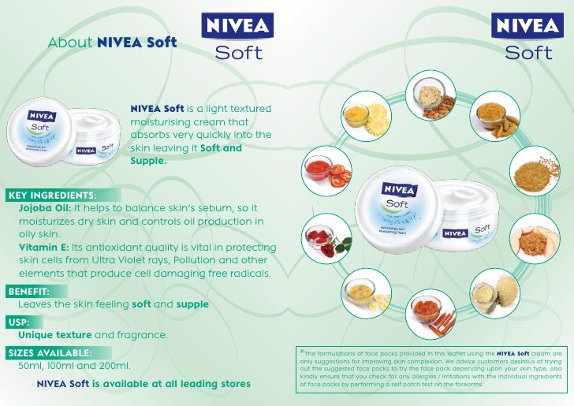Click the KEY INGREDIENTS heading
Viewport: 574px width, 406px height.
coord(52,195)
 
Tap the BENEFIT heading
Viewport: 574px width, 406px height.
coord(28,291)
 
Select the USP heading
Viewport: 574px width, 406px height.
coord(18,322)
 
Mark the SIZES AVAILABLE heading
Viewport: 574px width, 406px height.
coord(50,352)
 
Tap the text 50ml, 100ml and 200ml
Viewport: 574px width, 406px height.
coord(74,366)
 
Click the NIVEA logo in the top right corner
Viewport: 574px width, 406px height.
coord(528,24)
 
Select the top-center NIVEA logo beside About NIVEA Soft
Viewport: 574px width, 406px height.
coord(239,24)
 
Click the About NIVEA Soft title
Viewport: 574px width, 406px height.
coord(112,42)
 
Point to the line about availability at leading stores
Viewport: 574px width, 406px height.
coord(143,384)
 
